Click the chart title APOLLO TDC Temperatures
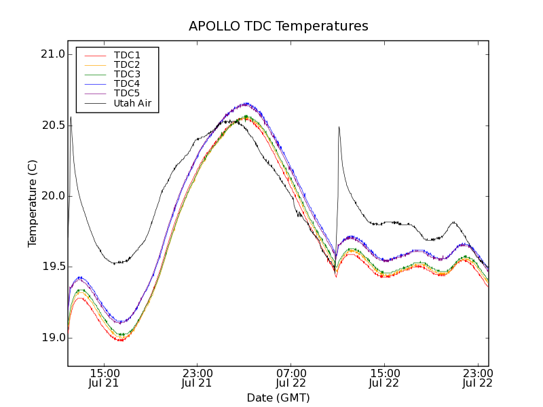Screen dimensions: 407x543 [278, 26]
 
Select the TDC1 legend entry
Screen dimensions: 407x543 [127, 56]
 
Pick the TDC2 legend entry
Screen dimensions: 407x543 [127, 65]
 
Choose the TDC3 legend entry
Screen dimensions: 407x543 [127, 75]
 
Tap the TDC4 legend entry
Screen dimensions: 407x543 [127, 84]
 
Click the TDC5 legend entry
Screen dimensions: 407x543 [127, 94]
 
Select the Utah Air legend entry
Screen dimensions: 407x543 [132, 104]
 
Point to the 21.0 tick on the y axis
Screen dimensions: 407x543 [52, 54]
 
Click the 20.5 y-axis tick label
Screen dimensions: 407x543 [52, 125]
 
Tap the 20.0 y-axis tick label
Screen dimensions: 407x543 [52, 196]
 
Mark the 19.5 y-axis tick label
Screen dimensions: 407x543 [52, 267]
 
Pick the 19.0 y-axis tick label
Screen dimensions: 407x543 [52, 337]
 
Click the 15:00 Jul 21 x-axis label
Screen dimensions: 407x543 [105, 378]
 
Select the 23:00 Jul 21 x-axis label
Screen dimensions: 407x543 [198, 378]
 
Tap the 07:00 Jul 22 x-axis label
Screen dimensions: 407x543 [291, 378]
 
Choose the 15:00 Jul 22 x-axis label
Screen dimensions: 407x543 [384, 378]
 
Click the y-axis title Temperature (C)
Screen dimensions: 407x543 [33, 203]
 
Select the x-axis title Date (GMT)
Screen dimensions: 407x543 [278, 398]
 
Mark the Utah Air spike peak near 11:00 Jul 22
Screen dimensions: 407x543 [339, 127]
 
